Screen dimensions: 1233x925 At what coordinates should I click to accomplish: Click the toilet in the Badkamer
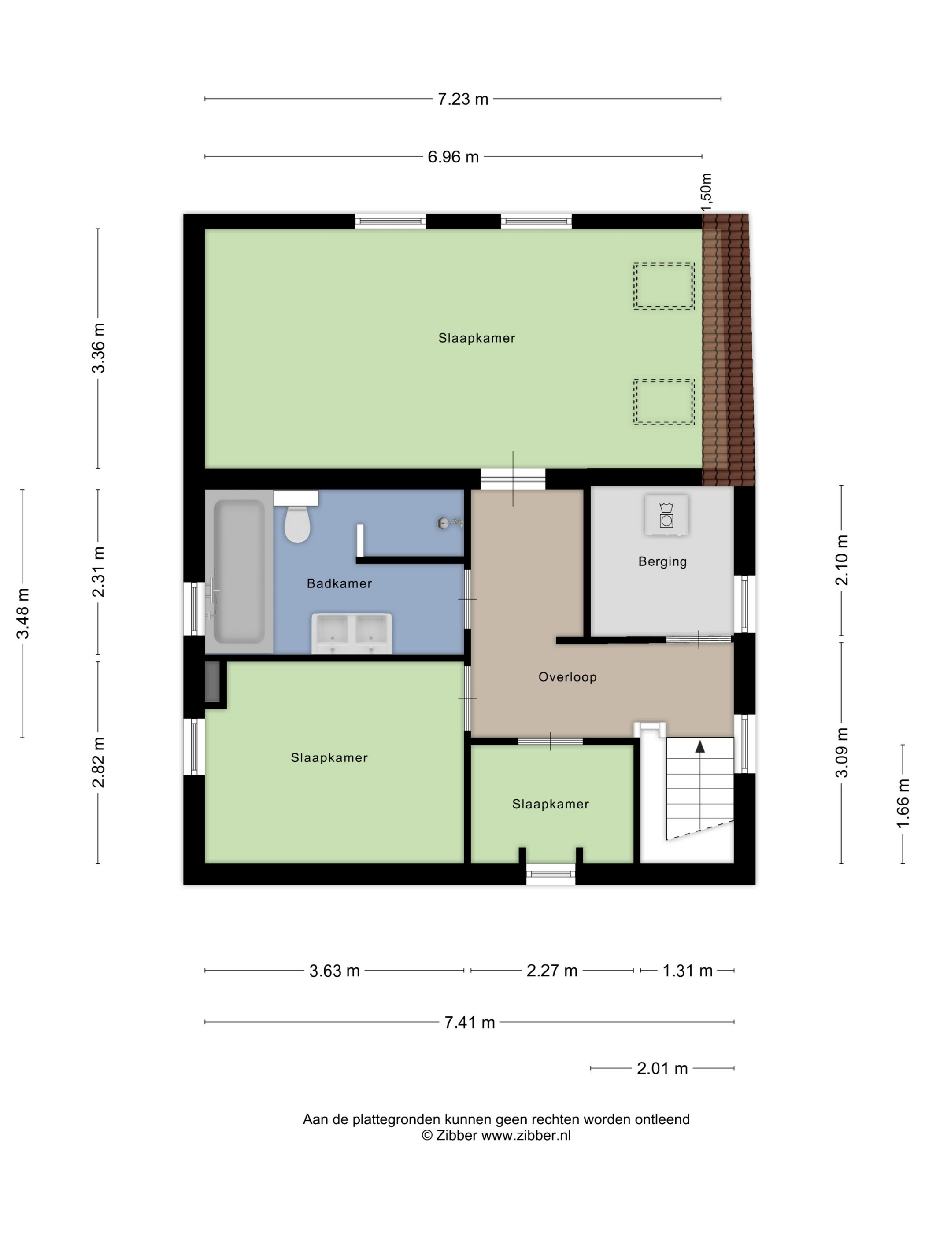296,522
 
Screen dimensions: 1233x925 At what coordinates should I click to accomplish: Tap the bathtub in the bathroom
239,571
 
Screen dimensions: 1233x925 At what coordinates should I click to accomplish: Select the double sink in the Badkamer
351,633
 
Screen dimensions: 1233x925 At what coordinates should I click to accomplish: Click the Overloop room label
567,677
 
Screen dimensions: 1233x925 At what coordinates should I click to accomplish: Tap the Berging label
662,561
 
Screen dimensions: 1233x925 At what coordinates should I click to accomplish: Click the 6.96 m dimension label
453,157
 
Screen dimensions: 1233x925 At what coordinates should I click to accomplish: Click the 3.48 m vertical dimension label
23,613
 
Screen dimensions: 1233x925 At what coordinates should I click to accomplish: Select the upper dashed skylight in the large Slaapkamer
663,286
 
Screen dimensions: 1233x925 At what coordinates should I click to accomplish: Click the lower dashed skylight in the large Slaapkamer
663,401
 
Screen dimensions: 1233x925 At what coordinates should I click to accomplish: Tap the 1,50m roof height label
706,192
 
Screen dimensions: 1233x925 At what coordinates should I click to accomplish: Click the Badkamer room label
339,583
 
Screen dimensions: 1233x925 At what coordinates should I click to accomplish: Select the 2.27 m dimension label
551,971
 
